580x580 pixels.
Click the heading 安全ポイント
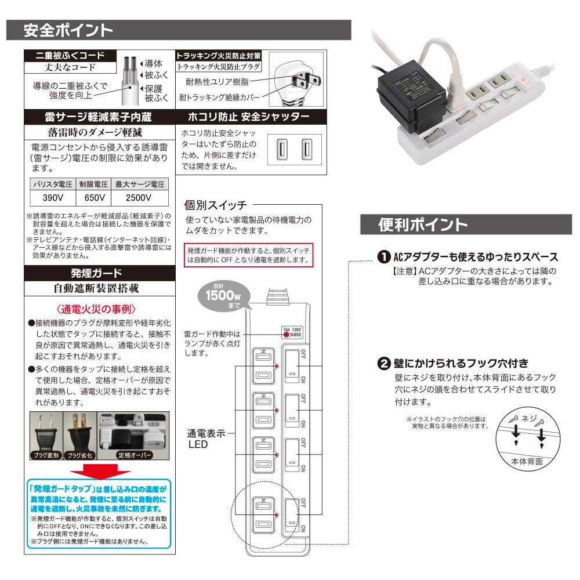68,30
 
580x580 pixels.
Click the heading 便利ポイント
423,224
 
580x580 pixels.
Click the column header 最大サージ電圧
139,184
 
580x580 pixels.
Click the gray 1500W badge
220,294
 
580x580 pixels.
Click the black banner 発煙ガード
96,273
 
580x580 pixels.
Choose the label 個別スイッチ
215,205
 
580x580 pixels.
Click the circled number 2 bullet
383,364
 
